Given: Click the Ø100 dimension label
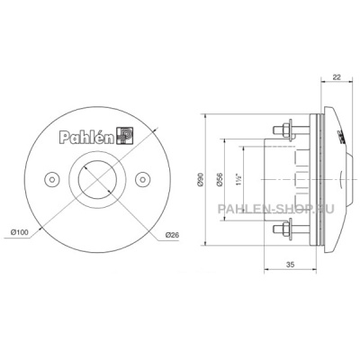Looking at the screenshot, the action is pyautogui.click(x=19, y=232).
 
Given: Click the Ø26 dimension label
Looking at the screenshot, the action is pyautogui.click(x=172, y=235).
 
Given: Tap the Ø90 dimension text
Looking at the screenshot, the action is pyautogui.click(x=200, y=180).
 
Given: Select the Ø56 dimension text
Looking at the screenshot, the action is pyautogui.click(x=219, y=180).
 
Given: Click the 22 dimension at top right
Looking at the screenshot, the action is pyautogui.click(x=337, y=77).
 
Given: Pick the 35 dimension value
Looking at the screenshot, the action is pyautogui.click(x=290, y=265).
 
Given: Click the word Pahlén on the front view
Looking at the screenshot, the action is pyautogui.click(x=87, y=137).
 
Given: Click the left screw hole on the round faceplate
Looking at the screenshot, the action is pyautogui.click(x=51, y=179).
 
